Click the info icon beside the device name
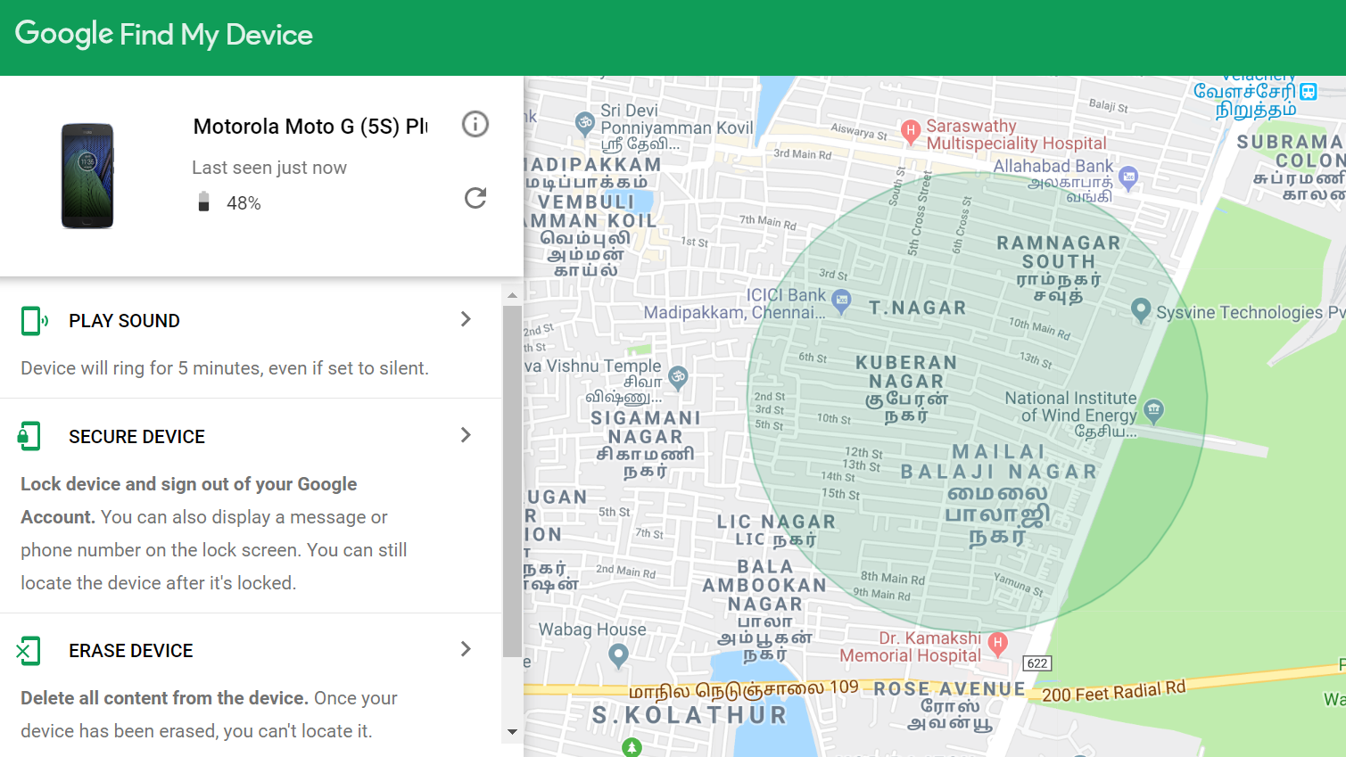pyautogui.click(x=475, y=124)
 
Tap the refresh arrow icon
pyautogui.click(x=475, y=198)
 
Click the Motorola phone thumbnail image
pyautogui.click(x=87, y=176)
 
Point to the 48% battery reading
pyautogui.click(x=243, y=203)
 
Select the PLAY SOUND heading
pyautogui.click(x=124, y=321)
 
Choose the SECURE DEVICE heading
pyautogui.click(x=136, y=437)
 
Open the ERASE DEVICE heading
pyautogui.click(x=130, y=651)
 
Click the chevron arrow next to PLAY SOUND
pyautogui.click(x=466, y=319)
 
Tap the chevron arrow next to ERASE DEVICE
pyautogui.click(x=466, y=649)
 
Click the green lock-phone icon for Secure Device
pyautogui.click(x=29, y=436)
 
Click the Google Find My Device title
pyautogui.click(x=164, y=35)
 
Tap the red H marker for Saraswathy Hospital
pyautogui.click(x=911, y=131)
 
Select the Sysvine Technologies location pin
pyautogui.click(x=1140, y=309)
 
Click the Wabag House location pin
pyautogui.click(x=618, y=655)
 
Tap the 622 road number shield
pyautogui.click(x=1036, y=663)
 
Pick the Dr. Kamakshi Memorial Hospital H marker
pyautogui.click(x=998, y=642)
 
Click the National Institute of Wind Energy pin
pyautogui.click(x=1154, y=410)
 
